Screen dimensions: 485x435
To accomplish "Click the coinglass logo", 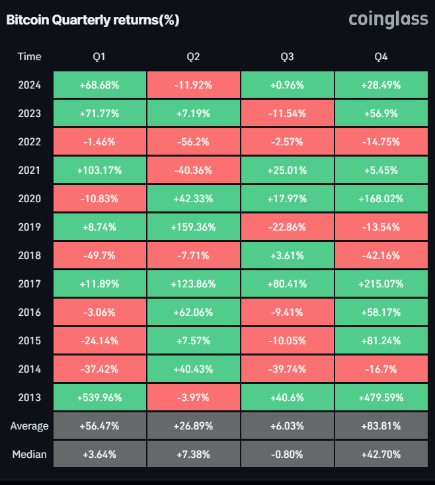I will point(388,20).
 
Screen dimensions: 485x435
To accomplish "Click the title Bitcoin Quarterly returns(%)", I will point(93,20).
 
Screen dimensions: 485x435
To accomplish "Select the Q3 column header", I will point(287,57).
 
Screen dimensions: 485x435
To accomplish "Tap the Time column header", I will point(29,57).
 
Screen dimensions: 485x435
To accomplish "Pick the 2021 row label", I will point(29,170).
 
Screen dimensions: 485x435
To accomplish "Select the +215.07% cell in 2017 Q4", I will point(381,284).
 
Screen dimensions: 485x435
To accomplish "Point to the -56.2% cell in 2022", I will point(193,142).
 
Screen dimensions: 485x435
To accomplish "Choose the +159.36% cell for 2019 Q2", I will point(193,227).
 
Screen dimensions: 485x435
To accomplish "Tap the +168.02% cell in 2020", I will point(381,199).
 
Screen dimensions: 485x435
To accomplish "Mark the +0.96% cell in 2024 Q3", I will point(287,85).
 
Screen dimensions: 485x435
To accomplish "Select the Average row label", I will point(29,426).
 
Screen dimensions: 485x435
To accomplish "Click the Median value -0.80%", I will point(287,455).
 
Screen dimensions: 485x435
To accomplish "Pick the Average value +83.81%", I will point(381,426).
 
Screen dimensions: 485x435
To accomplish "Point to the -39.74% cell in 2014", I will point(287,369).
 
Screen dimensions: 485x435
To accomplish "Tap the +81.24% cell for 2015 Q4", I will point(381,341).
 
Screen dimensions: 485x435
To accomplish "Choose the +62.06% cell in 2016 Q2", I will point(193,313).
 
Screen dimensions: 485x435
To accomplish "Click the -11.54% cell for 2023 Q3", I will point(287,114).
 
